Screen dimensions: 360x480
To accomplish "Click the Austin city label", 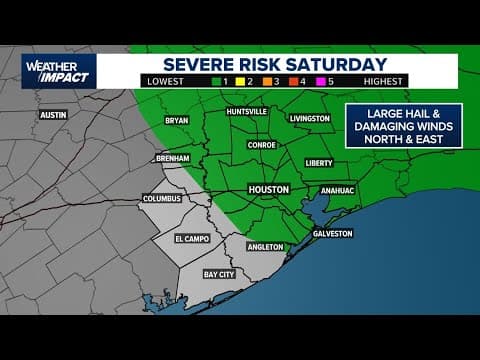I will click(x=52, y=115).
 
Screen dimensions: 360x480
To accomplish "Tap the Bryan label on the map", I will click(x=175, y=120).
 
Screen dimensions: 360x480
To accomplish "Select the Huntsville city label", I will click(x=246, y=112).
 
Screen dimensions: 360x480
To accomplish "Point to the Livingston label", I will click(x=310, y=119).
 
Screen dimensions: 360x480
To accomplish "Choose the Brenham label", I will click(x=173, y=159).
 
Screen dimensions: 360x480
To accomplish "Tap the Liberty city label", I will click(x=318, y=162).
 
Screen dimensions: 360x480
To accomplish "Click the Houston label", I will click(x=268, y=188).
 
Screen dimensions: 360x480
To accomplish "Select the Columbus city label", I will click(x=162, y=198).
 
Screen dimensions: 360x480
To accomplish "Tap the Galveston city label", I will click(x=333, y=233).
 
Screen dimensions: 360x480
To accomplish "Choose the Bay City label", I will click(x=219, y=273).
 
